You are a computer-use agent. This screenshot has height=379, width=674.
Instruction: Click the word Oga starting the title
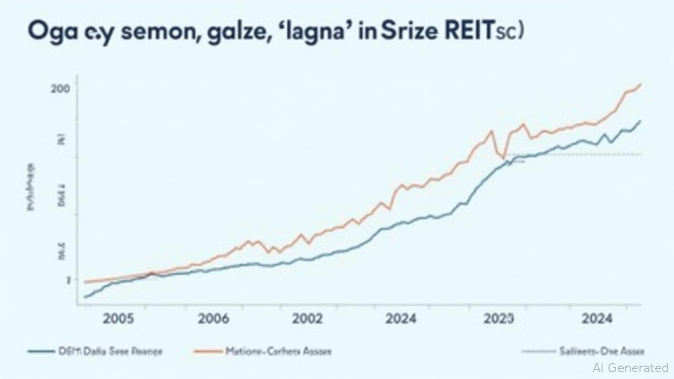coord(45,32)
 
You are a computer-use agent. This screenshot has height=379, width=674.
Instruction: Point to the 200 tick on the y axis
coord(60,89)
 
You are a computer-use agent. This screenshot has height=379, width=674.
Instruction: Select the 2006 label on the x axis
coord(213,318)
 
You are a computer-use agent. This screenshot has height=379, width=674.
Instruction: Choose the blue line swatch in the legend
coord(40,351)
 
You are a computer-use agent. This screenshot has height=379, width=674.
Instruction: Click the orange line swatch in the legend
coord(207,351)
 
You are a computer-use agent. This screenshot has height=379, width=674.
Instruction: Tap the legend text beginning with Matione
coord(278,351)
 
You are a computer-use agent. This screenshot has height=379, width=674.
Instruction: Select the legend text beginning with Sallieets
coord(601,351)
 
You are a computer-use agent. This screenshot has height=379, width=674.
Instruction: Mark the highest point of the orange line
coord(640,84)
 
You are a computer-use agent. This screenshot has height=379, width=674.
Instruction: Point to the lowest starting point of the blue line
coord(86,297)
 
